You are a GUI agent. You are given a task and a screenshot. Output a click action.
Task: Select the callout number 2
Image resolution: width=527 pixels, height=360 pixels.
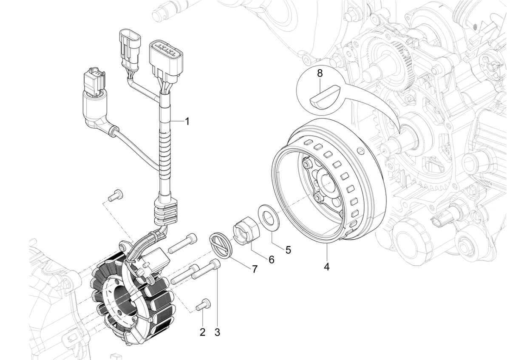(x=202, y=332)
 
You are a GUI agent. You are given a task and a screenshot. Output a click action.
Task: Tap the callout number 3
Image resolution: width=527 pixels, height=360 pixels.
(x=217, y=332)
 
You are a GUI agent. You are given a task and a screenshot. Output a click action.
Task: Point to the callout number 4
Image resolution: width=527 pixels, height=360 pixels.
(x=326, y=267)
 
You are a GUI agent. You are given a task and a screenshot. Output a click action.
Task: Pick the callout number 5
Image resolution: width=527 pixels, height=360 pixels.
(x=288, y=249)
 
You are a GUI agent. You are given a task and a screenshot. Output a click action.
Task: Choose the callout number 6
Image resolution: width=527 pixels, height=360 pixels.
(x=271, y=259)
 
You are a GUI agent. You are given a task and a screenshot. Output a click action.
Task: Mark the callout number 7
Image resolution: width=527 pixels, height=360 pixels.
(x=255, y=269)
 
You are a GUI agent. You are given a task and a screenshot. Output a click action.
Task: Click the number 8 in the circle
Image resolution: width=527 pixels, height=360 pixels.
(x=331, y=73)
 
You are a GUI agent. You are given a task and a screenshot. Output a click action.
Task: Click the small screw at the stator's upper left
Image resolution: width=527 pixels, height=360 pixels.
(x=115, y=195)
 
